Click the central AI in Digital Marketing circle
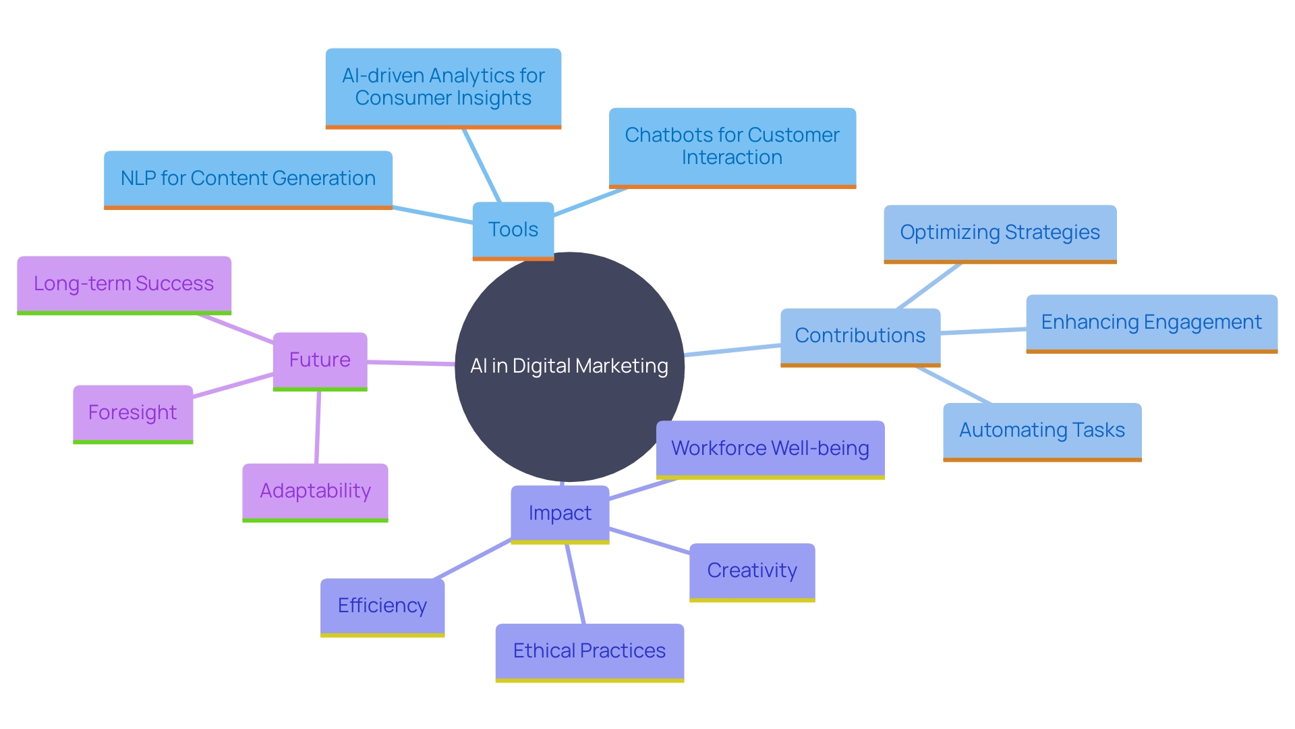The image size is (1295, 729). click(569, 366)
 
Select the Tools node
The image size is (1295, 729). click(513, 230)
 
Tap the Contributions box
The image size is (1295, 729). click(860, 335)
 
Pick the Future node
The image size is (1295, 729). click(320, 360)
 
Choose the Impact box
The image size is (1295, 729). click(560, 513)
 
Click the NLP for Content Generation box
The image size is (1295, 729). click(248, 178)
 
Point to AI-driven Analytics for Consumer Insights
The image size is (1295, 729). click(443, 86)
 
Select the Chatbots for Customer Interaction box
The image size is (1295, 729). click(732, 146)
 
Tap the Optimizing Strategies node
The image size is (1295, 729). click(1000, 232)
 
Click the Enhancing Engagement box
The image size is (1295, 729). click(1151, 322)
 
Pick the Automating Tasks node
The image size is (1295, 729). click(1042, 430)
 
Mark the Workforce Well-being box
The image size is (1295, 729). click(770, 448)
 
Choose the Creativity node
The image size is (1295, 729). click(752, 570)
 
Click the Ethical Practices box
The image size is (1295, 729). click(589, 651)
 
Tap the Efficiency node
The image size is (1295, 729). click(382, 605)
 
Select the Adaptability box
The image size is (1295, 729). click(315, 491)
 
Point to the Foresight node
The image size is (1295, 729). click(133, 412)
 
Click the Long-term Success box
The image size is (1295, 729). click(124, 283)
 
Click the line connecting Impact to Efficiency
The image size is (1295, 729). click(472, 559)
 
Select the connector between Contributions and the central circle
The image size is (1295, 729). click(732, 350)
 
